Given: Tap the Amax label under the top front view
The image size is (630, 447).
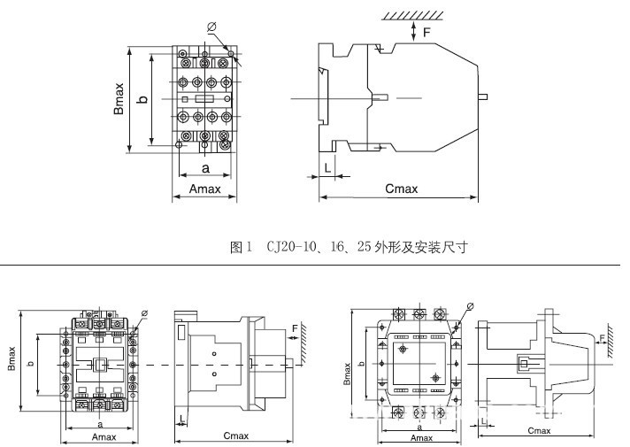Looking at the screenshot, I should [204, 189].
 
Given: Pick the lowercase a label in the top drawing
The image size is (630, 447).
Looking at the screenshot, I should [204, 167].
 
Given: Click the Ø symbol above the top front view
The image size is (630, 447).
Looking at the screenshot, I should [211, 27].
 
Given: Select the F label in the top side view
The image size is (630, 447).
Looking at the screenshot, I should [427, 33].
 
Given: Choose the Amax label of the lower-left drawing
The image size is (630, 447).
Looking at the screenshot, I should [104, 436].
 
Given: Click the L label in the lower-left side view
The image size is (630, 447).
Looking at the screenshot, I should [181, 418].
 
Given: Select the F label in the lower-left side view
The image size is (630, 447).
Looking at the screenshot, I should [295, 328].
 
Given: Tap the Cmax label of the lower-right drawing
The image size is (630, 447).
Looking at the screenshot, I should [538, 431].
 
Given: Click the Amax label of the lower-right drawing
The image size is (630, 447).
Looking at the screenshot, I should [421, 437].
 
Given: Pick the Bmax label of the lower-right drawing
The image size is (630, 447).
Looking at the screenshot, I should [348, 365].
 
